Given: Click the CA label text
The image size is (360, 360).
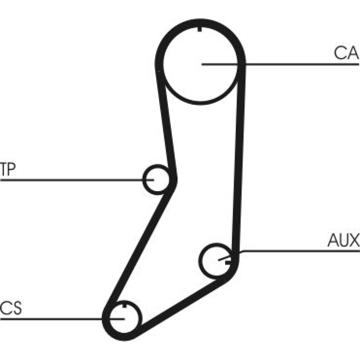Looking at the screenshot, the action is pos(346,53).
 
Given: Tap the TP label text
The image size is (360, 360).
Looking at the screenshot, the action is pos(8,169).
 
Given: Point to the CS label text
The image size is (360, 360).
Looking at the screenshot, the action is pos(11,308).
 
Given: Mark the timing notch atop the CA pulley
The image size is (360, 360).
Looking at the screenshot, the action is pos(200,29).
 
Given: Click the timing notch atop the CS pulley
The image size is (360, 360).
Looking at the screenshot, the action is pos(125,305).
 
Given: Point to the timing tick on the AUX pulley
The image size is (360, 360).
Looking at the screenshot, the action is pos(227,262).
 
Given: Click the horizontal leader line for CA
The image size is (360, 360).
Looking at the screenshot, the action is pos(280,64).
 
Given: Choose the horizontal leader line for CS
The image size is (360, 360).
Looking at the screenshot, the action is pos(62,319).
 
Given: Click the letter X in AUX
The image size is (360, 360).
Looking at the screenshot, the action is pos(355,240).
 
